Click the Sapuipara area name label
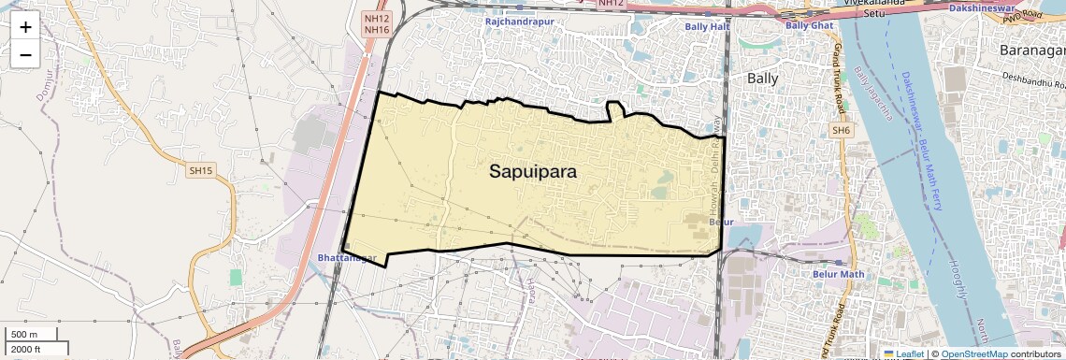[532, 172]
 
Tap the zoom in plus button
[25, 26]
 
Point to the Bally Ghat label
[808, 25]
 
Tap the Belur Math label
[838, 274]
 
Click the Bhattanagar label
[346, 257]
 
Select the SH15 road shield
[201, 170]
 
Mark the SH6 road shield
[842, 130]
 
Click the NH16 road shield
[376, 30]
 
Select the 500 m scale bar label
[25, 334]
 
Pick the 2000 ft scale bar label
[25, 349]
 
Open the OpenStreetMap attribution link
[974, 353]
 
